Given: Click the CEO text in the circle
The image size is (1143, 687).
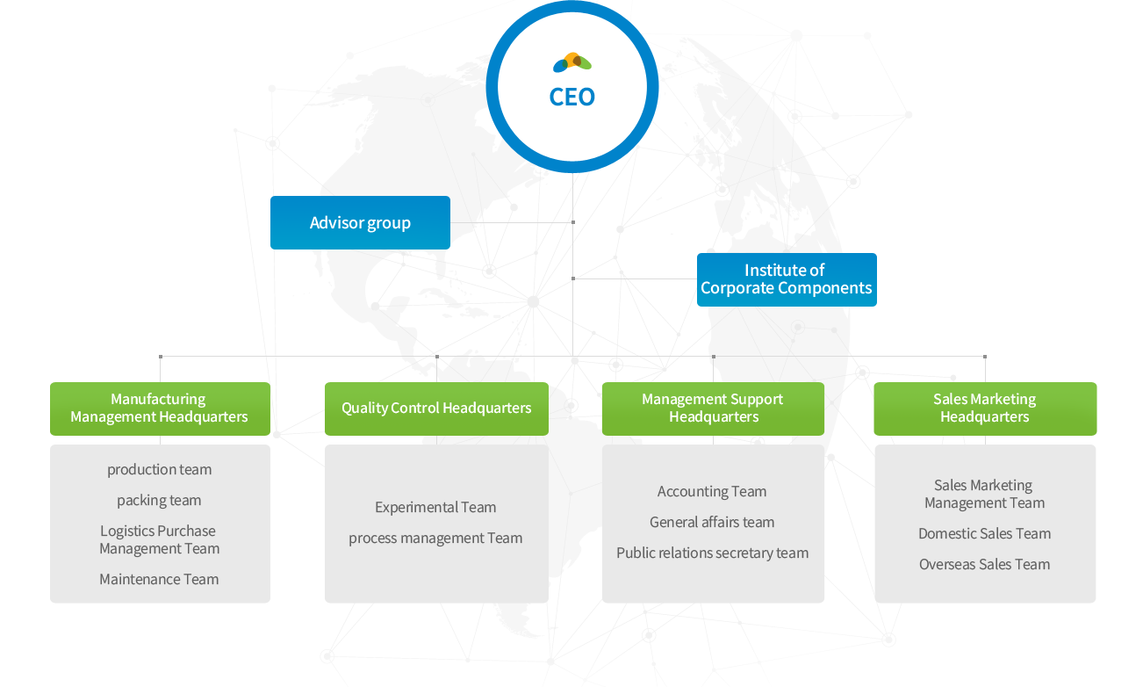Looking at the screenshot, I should [x=571, y=97].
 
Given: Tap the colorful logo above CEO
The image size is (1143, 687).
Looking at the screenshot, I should [x=571, y=62].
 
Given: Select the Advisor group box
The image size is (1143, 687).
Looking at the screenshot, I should [x=360, y=223].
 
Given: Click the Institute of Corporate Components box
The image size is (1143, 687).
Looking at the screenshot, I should [x=787, y=279].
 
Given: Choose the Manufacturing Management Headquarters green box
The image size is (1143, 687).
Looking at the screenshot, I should [x=160, y=409].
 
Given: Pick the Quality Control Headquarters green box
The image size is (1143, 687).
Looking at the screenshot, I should [x=436, y=409].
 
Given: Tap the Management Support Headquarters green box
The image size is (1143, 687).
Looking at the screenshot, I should [x=713, y=409].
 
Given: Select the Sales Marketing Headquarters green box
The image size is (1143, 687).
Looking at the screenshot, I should [x=985, y=409].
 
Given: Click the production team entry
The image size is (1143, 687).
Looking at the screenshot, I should [x=159, y=470].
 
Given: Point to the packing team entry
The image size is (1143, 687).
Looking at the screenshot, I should [x=159, y=501].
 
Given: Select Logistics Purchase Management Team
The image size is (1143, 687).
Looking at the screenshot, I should [x=159, y=540].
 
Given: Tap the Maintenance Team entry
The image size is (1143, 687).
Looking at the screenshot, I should [x=159, y=580].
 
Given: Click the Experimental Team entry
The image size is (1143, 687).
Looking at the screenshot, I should [x=435, y=508].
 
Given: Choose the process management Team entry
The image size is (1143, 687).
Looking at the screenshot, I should [x=435, y=539].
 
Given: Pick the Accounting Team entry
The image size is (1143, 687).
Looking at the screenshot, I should [x=712, y=492].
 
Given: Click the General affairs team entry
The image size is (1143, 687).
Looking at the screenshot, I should [x=712, y=523].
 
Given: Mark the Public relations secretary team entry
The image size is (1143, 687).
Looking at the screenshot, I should [x=712, y=553].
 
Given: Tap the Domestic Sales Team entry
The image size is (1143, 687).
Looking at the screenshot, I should [x=984, y=534].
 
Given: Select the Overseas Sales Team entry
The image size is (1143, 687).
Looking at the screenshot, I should [x=984, y=565].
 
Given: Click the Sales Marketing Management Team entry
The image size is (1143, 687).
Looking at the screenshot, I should [x=984, y=495].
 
